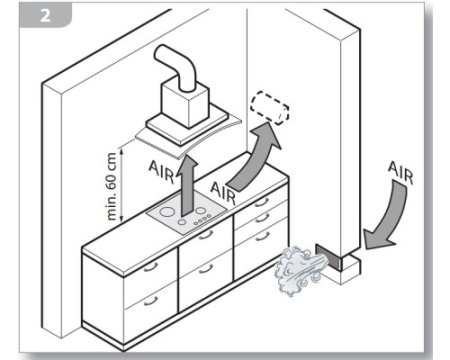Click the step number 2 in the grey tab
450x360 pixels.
pyautogui.click(x=46, y=15)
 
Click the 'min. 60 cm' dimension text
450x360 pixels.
pyautogui.click(x=112, y=186)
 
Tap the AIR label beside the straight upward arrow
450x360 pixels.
pyautogui.click(x=161, y=171)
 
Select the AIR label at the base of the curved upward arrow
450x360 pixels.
pyautogui.click(x=223, y=193)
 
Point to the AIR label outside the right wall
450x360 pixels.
pyautogui.click(x=400, y=173)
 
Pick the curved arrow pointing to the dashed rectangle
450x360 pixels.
pyautogui.click(x=255, y=157)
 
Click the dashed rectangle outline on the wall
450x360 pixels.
pyautogui.click(x=270, y=109)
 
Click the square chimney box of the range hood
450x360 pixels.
pyautogui.click(x=185, y=104)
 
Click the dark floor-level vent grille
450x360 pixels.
pyautogui.click(x=328, y=256)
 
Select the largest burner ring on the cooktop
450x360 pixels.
pyautogui.click(x=166, y=212)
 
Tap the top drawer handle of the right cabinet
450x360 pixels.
pyautogui.click(x=262, y=202)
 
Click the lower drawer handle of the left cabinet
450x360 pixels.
pyautogui.click(x=150, y=301)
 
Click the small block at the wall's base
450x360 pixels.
pyautogui.click(x=347, y=268)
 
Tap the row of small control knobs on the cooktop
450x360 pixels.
pyautogui.click(x=202, y=218)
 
